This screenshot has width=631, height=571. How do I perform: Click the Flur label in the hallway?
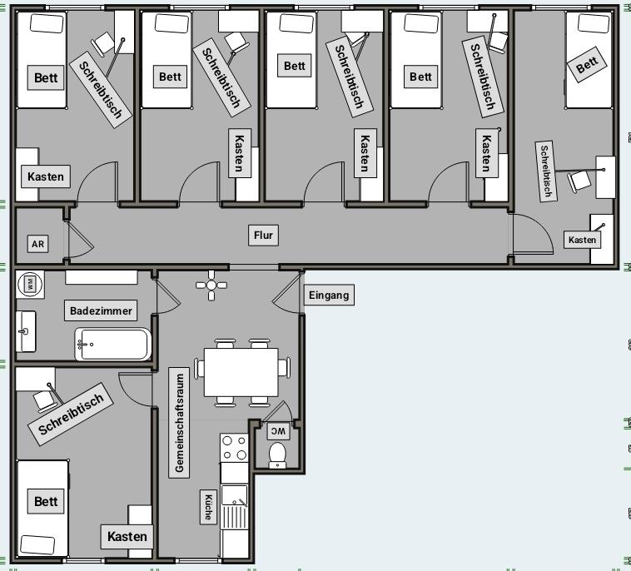pyautogui.click(x=263, y=236)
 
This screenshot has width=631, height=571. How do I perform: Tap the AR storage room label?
pyautogui.click(x=37, y=244)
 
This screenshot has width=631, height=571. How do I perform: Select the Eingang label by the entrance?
pyautogui.click(x=329, y=295)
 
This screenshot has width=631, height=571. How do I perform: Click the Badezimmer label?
pyautogui.click(x=101, y=310)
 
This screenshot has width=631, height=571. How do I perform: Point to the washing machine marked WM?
pyautogui.click(x=30, y=285)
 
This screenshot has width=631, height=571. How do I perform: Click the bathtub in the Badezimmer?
pyautogui.click(x=113, y=344)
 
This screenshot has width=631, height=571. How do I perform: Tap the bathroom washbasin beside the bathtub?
pyautogui.click(x=25, y=331)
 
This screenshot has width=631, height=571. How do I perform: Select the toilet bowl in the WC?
pyautogui.click(x=277, y=455)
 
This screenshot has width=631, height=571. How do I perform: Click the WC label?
pyautogui.click(x=278, y=431)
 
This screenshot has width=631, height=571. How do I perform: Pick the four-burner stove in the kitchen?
pyautogui.click(x=234, y=448)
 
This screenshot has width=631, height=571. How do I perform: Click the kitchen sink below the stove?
pyautogui.click(x=234, y=496)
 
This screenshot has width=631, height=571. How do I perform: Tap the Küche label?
pyautogui.click(x=208, y=507)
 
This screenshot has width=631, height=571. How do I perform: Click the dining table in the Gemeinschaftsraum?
pyautogui.click(x=241, y=372)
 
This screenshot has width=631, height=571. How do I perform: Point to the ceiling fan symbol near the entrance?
pyautogui.click(x=211, y=285)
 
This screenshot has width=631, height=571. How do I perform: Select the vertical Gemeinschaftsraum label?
pyautogui.click(x=179, y=423)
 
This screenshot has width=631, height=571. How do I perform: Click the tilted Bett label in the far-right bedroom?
pyautogui.click(x=586, y=64)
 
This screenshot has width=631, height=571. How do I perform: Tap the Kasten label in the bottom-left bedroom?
pyautogui.click(x=127, y=537)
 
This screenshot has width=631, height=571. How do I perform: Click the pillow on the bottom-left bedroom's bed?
pyautogui.click(x=37, y=544)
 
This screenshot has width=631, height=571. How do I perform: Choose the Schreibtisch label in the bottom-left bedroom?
pyautogui.click(x=71, y=414)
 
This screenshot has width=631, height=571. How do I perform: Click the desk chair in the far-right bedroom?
pyautogui.click(x=579, y=181)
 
